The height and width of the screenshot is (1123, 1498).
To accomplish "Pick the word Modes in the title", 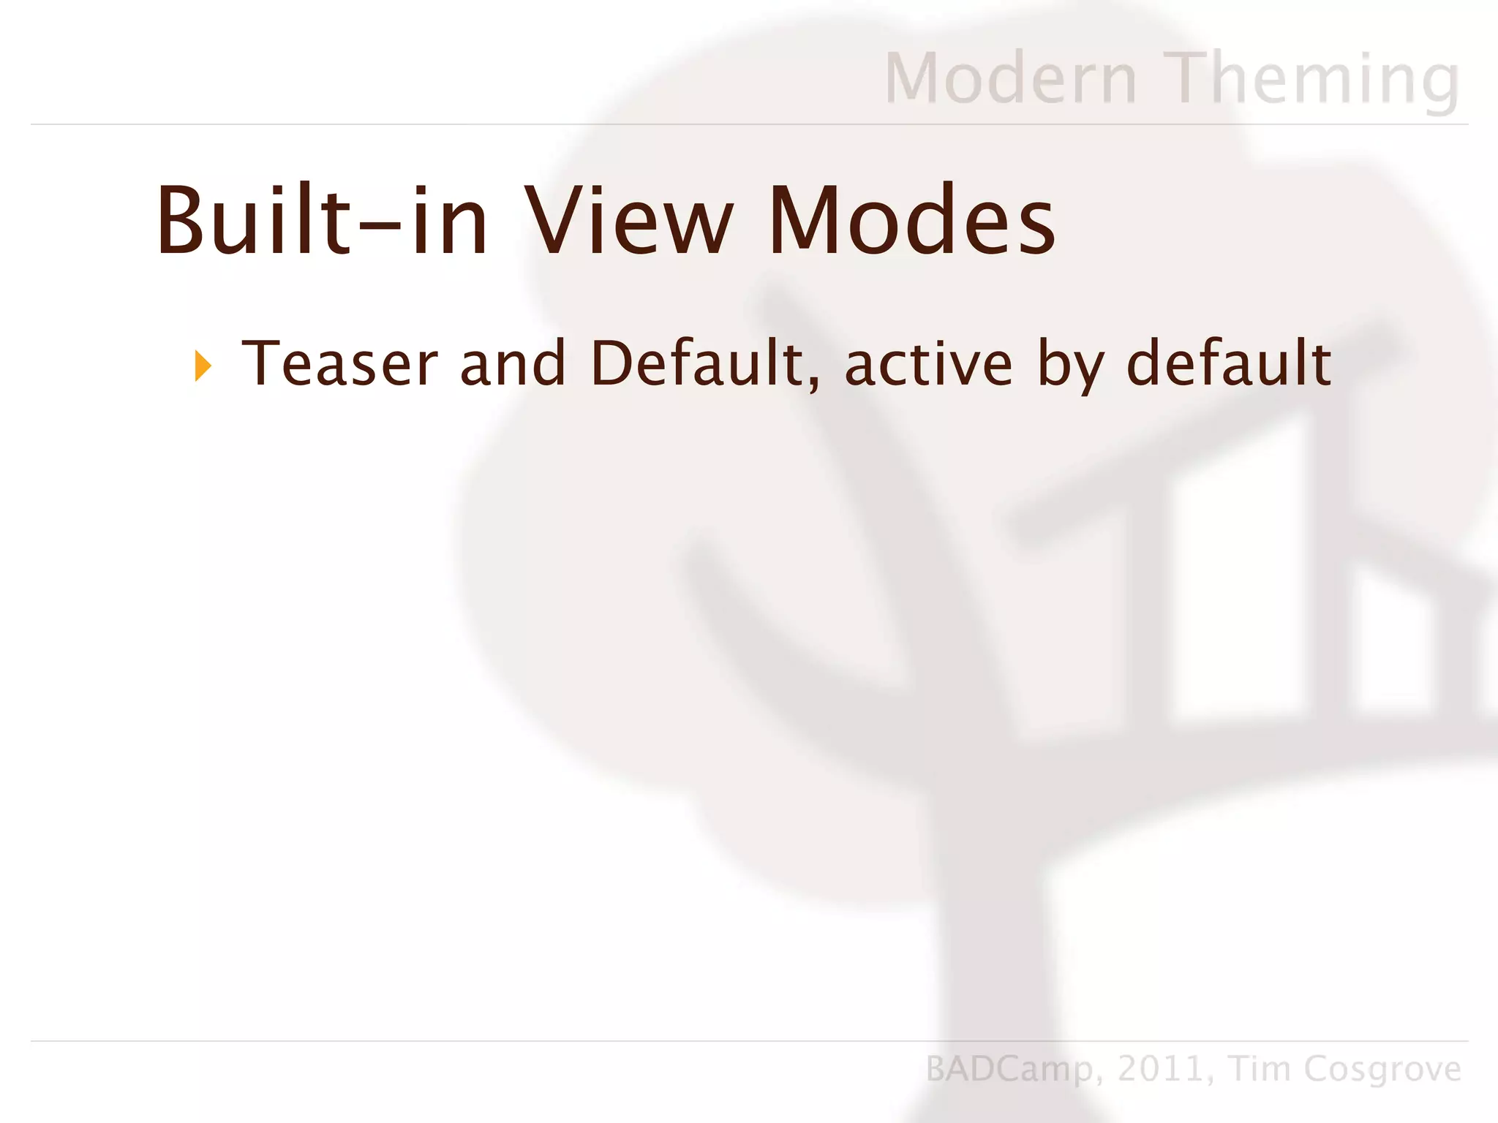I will tap(911, 220).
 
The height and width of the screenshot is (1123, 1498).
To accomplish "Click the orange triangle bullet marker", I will tap(203, 366).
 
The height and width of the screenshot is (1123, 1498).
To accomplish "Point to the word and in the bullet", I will tap(513, 363).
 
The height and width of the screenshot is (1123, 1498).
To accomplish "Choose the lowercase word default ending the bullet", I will tap(1229, 363).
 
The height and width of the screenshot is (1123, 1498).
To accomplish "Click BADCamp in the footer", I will tap(1009, 1069).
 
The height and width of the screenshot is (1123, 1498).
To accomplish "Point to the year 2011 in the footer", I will tap(1161, 1069).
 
